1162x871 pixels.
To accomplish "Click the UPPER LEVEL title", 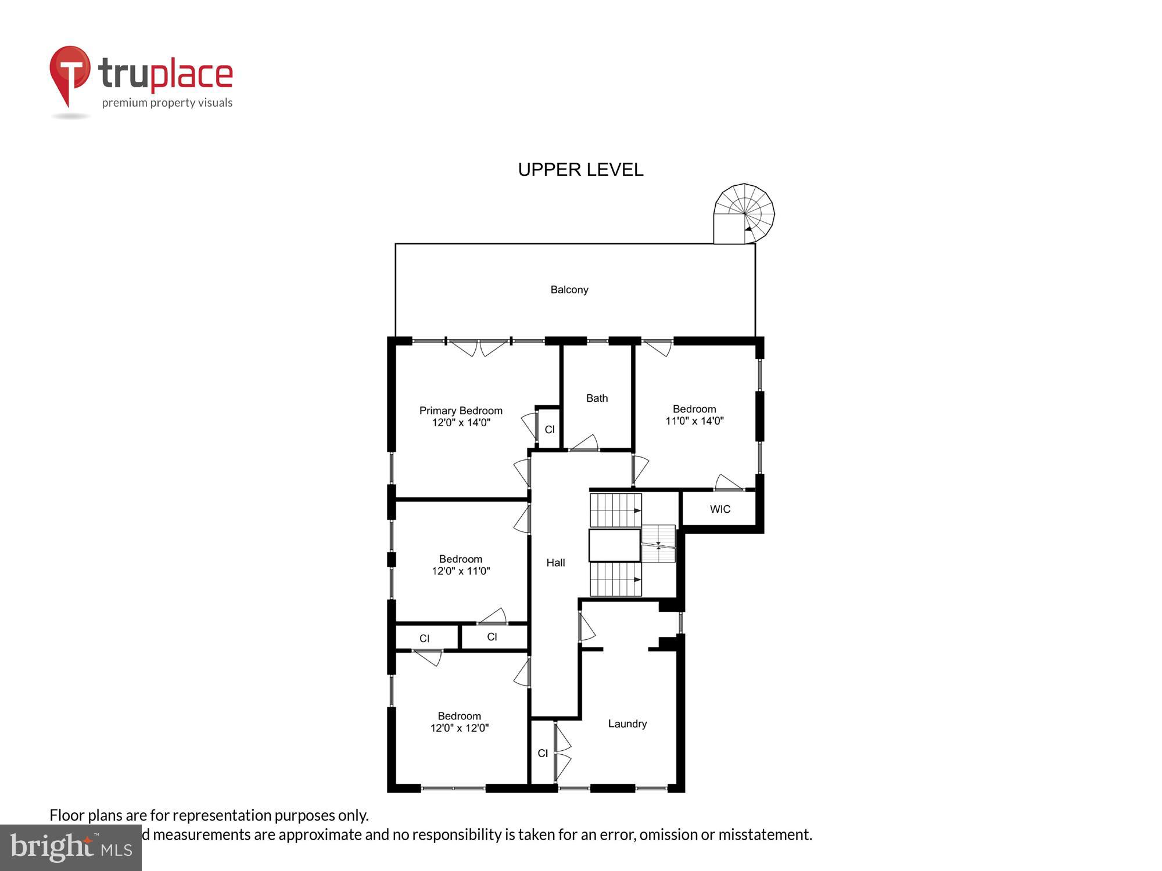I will (580, 170).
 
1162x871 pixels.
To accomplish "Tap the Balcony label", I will (569, 290).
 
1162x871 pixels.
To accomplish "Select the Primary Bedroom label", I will (461, 411).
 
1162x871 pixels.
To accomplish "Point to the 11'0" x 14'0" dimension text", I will (694, 421).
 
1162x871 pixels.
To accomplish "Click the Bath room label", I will (597, 398).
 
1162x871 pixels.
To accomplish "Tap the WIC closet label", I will (720, 509).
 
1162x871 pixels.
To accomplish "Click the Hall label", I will (555, 563).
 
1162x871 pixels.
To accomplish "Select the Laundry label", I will (627, 724).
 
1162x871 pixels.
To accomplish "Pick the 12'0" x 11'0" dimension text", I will (461, 571).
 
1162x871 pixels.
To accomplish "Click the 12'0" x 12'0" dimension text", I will (460, 728).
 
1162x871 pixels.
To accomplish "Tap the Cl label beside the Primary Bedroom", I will (549, 430).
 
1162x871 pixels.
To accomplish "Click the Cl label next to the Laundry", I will (543, 753).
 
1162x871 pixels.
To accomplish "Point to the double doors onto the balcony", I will (479, 348).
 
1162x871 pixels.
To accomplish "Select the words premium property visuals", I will (167, 103).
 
